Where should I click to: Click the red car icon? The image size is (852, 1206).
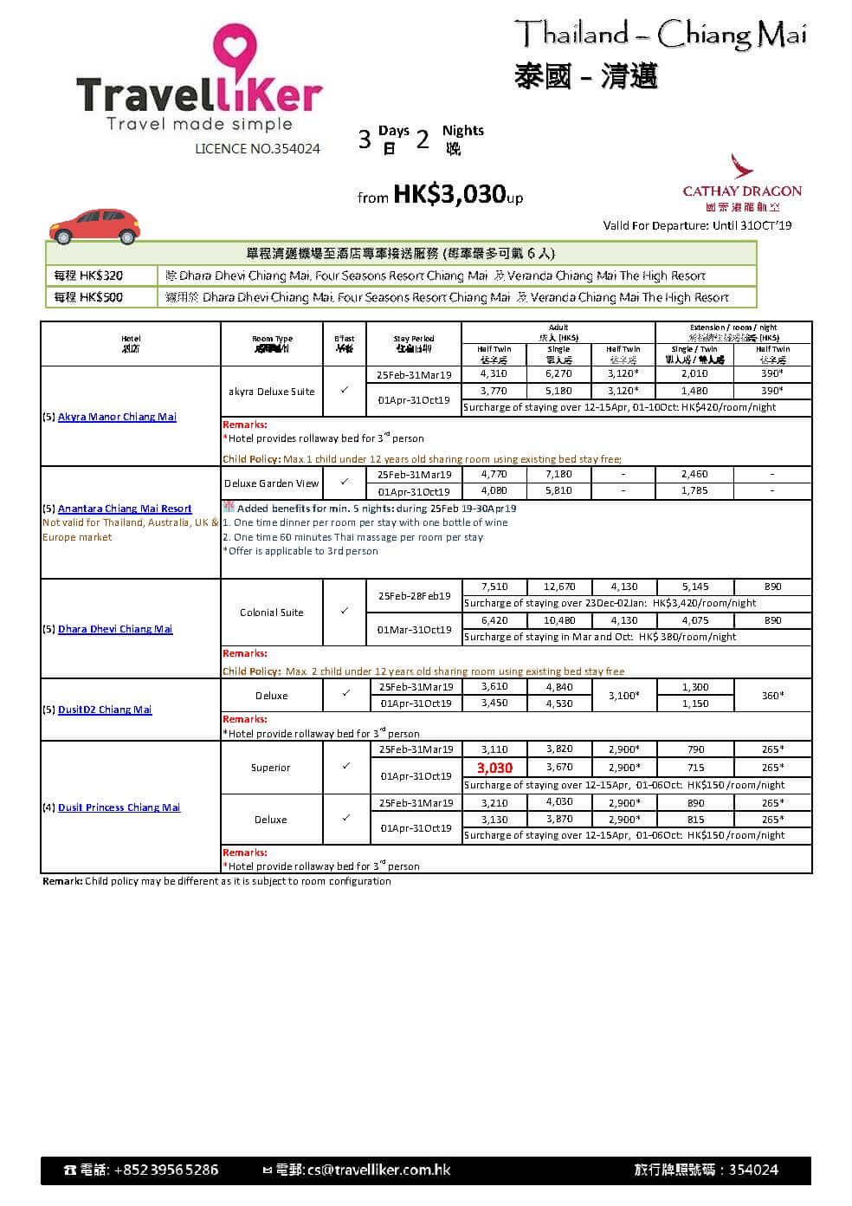tap(95, 225)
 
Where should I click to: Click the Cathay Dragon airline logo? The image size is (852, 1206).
tap(741, 183)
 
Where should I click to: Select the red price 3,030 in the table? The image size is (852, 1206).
tap(494, 768)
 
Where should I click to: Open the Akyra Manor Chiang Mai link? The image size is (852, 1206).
tap(117, 417)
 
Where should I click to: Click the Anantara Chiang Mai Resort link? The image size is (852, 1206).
tap(125, 509)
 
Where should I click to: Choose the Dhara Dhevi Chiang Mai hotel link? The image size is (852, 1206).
tap(115, 629)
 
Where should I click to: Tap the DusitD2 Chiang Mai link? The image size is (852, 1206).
tap(105, 710)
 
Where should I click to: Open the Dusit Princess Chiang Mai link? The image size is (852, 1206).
tap(119, 807)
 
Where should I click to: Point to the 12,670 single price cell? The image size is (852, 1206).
tap(559, 587)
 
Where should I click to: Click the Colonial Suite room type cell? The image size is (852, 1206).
tap(272, 613)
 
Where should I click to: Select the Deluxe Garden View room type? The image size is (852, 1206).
tap(272, 483)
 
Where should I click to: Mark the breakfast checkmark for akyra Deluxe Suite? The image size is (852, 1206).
tap(345, 391)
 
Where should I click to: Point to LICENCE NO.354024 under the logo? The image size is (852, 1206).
tap(257, 149)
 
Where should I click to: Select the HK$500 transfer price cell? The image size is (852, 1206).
tap(88, 297)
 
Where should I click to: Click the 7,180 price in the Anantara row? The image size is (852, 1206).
tap(559, 475)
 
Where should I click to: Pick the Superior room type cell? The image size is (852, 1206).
tap(271, 768)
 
